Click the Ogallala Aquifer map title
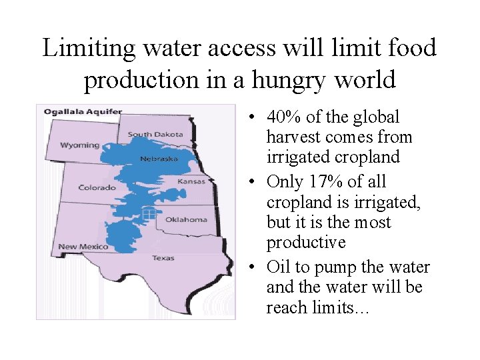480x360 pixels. tap(83, 111)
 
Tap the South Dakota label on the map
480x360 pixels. tap(155, 134)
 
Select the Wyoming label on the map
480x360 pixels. tap(79, 145)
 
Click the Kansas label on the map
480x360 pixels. tap(191, 181)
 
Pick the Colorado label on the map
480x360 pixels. tap(97, 187)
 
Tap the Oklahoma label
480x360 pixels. tap(186, 219)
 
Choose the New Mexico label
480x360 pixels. tap(83, 247)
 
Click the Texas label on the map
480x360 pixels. tap(163, 257)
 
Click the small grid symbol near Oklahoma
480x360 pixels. tap(149, 213)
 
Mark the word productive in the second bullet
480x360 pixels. tap(306, 242)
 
